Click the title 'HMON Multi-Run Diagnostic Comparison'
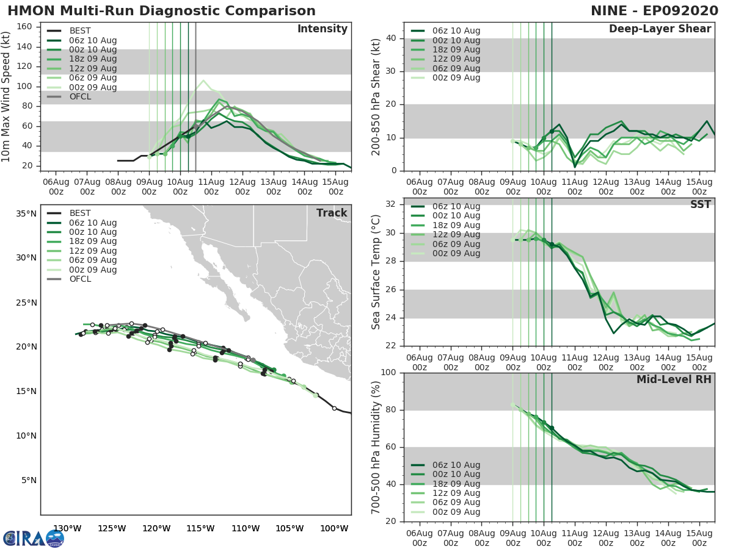161,11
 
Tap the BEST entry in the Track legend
81,213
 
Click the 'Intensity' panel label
322,29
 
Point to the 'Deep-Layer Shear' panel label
660,29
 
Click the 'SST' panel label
700,204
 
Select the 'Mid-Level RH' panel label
674,379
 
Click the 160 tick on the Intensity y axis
25,27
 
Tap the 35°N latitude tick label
26,214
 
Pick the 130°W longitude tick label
67,528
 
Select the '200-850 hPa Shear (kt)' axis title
376,96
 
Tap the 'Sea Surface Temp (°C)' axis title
376,271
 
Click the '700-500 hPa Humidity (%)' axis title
376,447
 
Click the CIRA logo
33,538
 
